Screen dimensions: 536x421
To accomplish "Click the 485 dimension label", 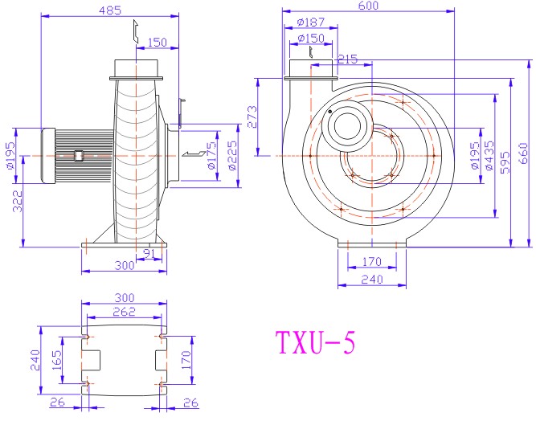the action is (110, 10).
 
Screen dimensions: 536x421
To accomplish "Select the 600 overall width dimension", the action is (368, 6).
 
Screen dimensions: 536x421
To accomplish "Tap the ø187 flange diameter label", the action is (311, 22).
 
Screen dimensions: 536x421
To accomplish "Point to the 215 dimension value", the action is (347, 59).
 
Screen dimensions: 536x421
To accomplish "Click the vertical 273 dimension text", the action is (252, 116).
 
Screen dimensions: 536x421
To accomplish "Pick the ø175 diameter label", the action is (212, 156).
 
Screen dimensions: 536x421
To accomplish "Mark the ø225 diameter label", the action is (232, 156).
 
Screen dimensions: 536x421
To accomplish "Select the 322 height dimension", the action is (18, 201).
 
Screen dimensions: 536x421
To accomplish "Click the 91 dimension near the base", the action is (149, 254).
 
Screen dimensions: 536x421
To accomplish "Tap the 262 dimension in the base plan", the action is (125, 312).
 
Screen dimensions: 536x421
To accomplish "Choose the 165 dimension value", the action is (56, 360).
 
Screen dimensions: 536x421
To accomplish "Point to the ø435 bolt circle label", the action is (489, 156).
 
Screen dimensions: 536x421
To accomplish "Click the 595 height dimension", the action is (505, 162).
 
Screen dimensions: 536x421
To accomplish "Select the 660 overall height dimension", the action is (523, 153).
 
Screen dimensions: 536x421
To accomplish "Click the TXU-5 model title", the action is (315, 342).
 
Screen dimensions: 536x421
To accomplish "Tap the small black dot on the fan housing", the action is (329, 112).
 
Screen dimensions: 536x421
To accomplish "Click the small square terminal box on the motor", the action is (80, 156).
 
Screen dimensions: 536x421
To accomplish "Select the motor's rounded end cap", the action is (48, 156).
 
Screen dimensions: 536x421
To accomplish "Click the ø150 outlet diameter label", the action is (311, 38).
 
